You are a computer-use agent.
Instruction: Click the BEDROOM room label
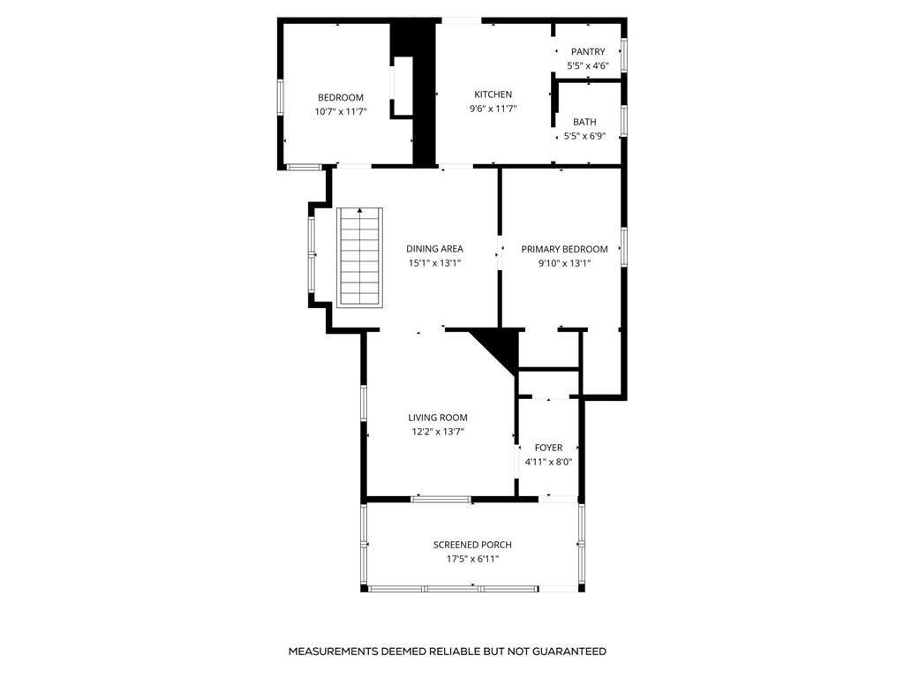(x=340, y=97)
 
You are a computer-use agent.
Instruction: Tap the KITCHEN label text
(x=493, y=94)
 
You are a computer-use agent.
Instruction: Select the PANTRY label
(x=588, y=52)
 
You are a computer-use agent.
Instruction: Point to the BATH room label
(x=584, y=122)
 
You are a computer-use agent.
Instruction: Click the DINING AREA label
(x=434, y=249)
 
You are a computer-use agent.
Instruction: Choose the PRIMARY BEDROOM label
(x=564, y=249)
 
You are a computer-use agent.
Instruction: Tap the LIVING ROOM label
(x=437, y=418)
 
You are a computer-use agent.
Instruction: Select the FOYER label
(x=548, y=448)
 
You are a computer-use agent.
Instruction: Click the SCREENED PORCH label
(x=472, y=545)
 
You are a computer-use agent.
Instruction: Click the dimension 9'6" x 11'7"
(x=493, y=109)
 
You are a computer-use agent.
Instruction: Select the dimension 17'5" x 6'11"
(x=472, y=559)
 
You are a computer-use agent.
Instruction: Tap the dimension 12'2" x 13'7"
(x=437, y=432)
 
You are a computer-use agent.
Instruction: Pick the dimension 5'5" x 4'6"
(x=588, y=66)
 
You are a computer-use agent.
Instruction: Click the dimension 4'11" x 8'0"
(x=548, y=462)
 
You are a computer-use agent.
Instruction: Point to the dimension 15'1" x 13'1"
(x=434, y=263)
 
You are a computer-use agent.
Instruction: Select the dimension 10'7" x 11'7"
(x=340, y=111)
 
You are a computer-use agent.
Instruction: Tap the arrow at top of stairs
(x=359, y=211)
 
